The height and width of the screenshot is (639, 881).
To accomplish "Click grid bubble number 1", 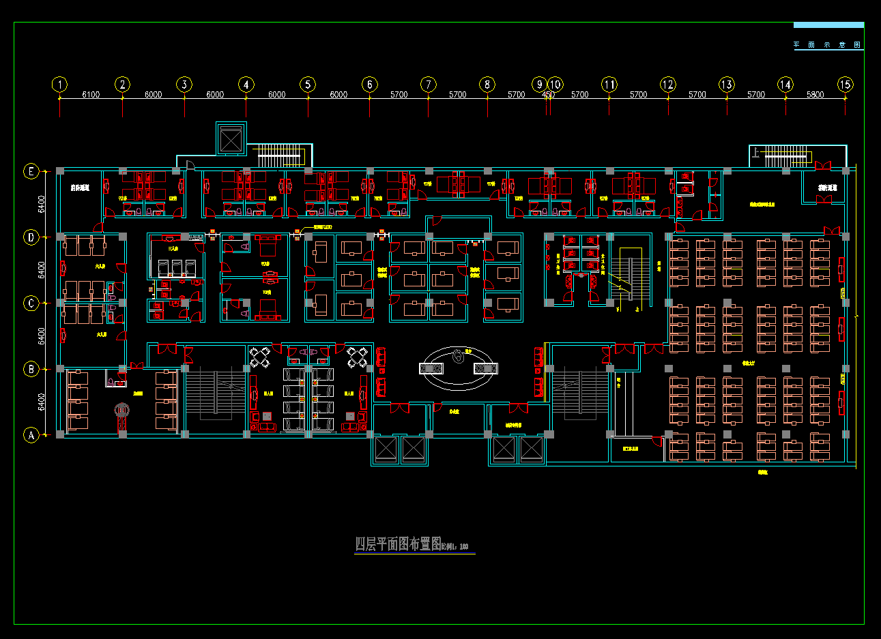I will [x=60, y=85].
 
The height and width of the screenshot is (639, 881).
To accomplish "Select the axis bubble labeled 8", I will [x=487, y=85].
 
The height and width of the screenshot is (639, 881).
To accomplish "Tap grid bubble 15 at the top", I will [x=845, y=85].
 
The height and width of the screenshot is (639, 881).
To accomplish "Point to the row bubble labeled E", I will [x=31, y=171].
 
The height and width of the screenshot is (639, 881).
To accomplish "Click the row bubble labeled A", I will [x=31, y=434].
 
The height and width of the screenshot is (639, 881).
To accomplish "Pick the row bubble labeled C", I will [x=31, y=303].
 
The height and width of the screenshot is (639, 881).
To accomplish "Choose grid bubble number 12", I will [x=667, y=85].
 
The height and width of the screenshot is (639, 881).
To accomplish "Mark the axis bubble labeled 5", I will [x=308, y=85].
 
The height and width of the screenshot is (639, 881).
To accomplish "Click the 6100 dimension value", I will [x=91, y=95].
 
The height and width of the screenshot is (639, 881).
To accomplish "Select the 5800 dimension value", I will [x=815, y=95].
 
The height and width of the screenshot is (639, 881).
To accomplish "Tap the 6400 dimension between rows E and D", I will [x=42, y=204].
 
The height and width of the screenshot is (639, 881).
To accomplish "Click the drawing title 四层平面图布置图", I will [x=398, y=544].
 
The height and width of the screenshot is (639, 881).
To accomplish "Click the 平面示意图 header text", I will [x=827, y=45].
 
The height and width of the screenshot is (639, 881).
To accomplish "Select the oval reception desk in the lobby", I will [x=458, y=368].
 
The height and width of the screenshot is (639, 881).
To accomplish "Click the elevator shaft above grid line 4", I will [x=231, y=140].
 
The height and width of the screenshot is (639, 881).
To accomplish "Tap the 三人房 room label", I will [x=173, y=249].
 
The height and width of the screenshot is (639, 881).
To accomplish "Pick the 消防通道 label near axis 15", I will [x=828, y=188].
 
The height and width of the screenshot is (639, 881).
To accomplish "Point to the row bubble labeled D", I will [x=31, y=237].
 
